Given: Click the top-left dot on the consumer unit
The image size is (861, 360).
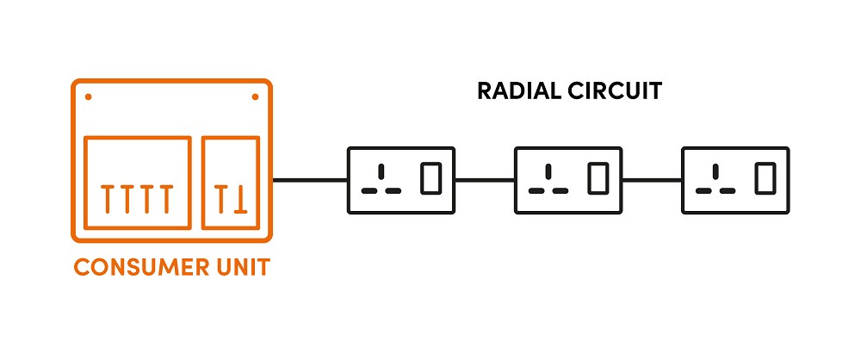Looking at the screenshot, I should click(x=89, y=96).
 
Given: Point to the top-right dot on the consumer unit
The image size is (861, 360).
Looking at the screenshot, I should click(x=255, y=96).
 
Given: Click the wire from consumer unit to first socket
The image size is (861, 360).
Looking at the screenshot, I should click(x=309, y=181).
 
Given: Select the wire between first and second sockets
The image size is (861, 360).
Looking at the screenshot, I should click(x=484, y=181).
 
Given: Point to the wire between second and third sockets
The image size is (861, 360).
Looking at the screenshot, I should click(x=652, y=181).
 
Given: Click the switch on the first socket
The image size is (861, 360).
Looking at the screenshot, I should click(x=430, y=179).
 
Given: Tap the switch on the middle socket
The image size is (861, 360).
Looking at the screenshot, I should click(x=598, y=179).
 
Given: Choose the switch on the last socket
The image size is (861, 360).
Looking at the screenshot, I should click(x=765, y=179).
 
